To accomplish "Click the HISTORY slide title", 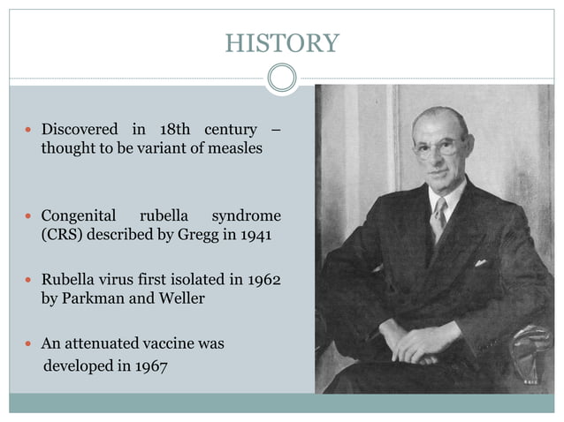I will pos(281,42).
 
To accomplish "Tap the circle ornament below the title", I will pos(281,79).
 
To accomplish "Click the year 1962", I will pos(263,280).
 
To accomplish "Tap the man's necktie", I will pos(437,218).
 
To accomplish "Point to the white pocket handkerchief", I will pos(480,262).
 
